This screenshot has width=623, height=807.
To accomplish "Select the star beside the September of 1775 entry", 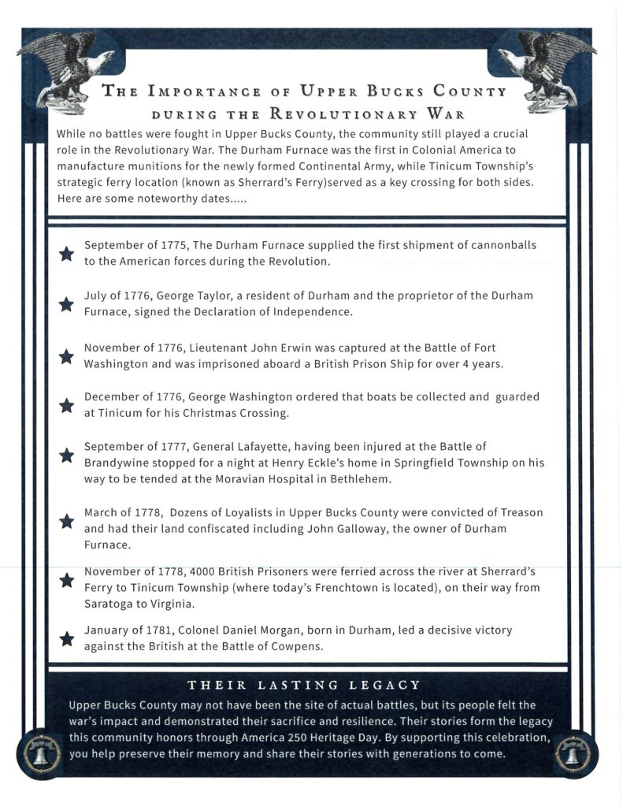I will (67, 253).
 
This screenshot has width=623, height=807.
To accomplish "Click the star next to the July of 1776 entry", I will (67, 304).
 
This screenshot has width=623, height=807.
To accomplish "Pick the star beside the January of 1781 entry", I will (67, 638).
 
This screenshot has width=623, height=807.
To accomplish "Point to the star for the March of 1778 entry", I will (67, 521).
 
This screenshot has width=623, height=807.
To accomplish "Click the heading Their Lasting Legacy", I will (304, 685).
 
